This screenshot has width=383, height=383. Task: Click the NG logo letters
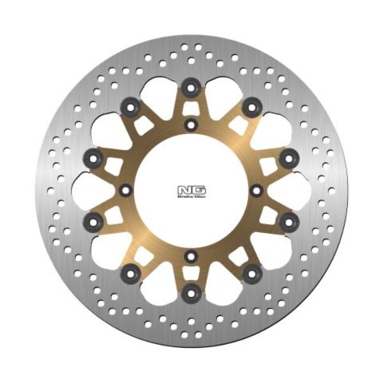click(x=191, y=189)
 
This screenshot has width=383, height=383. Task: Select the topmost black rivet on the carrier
click(x=190, y=87)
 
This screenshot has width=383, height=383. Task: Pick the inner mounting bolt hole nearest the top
click(x=190, y=124)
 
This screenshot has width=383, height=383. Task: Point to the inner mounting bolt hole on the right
click(x=257, y=190)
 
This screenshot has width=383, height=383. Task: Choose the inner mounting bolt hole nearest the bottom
click(x=191, y=256)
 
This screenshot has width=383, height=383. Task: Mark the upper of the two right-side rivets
click(x=288, y=156)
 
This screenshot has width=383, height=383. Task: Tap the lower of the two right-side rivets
click(x=288, y=222)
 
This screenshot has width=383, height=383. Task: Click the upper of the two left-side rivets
click(x=94, y=156)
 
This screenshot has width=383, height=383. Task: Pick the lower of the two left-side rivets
click(x=94, y=222)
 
